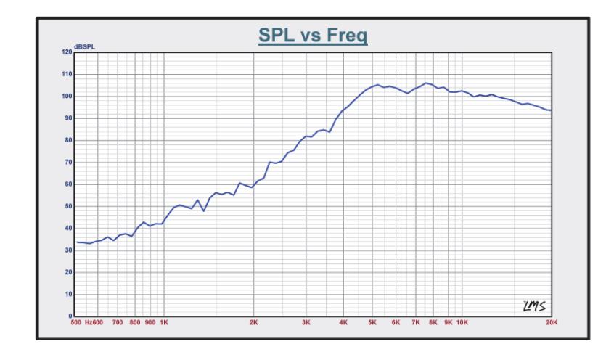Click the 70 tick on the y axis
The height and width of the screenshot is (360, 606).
[x=67, y=163]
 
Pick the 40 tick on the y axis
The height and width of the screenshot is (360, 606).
[x=67, y=229]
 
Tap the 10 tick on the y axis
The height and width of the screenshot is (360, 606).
[x=67, y=295]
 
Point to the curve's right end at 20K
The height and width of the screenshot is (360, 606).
[x=552, y=110]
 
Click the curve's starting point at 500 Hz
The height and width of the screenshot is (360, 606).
[x=76, y=242]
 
